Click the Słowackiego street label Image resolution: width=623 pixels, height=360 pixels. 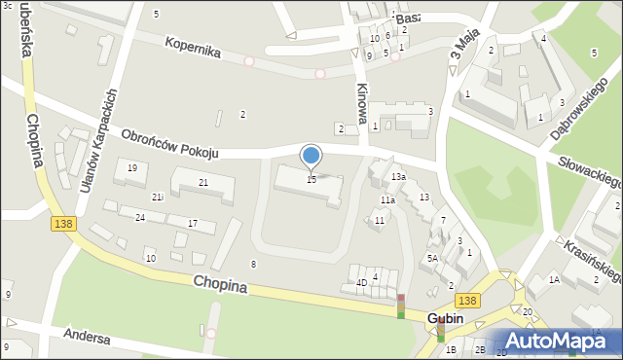590,171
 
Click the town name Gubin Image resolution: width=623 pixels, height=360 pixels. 445,318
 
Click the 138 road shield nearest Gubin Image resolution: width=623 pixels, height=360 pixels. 466,302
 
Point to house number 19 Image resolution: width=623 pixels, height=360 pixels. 132,168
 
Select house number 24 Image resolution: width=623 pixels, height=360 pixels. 140,217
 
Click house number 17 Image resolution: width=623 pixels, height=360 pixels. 193,224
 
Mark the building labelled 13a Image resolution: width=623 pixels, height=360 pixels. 398,176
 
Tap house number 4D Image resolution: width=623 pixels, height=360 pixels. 361,282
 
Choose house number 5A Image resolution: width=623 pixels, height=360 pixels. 432,258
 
